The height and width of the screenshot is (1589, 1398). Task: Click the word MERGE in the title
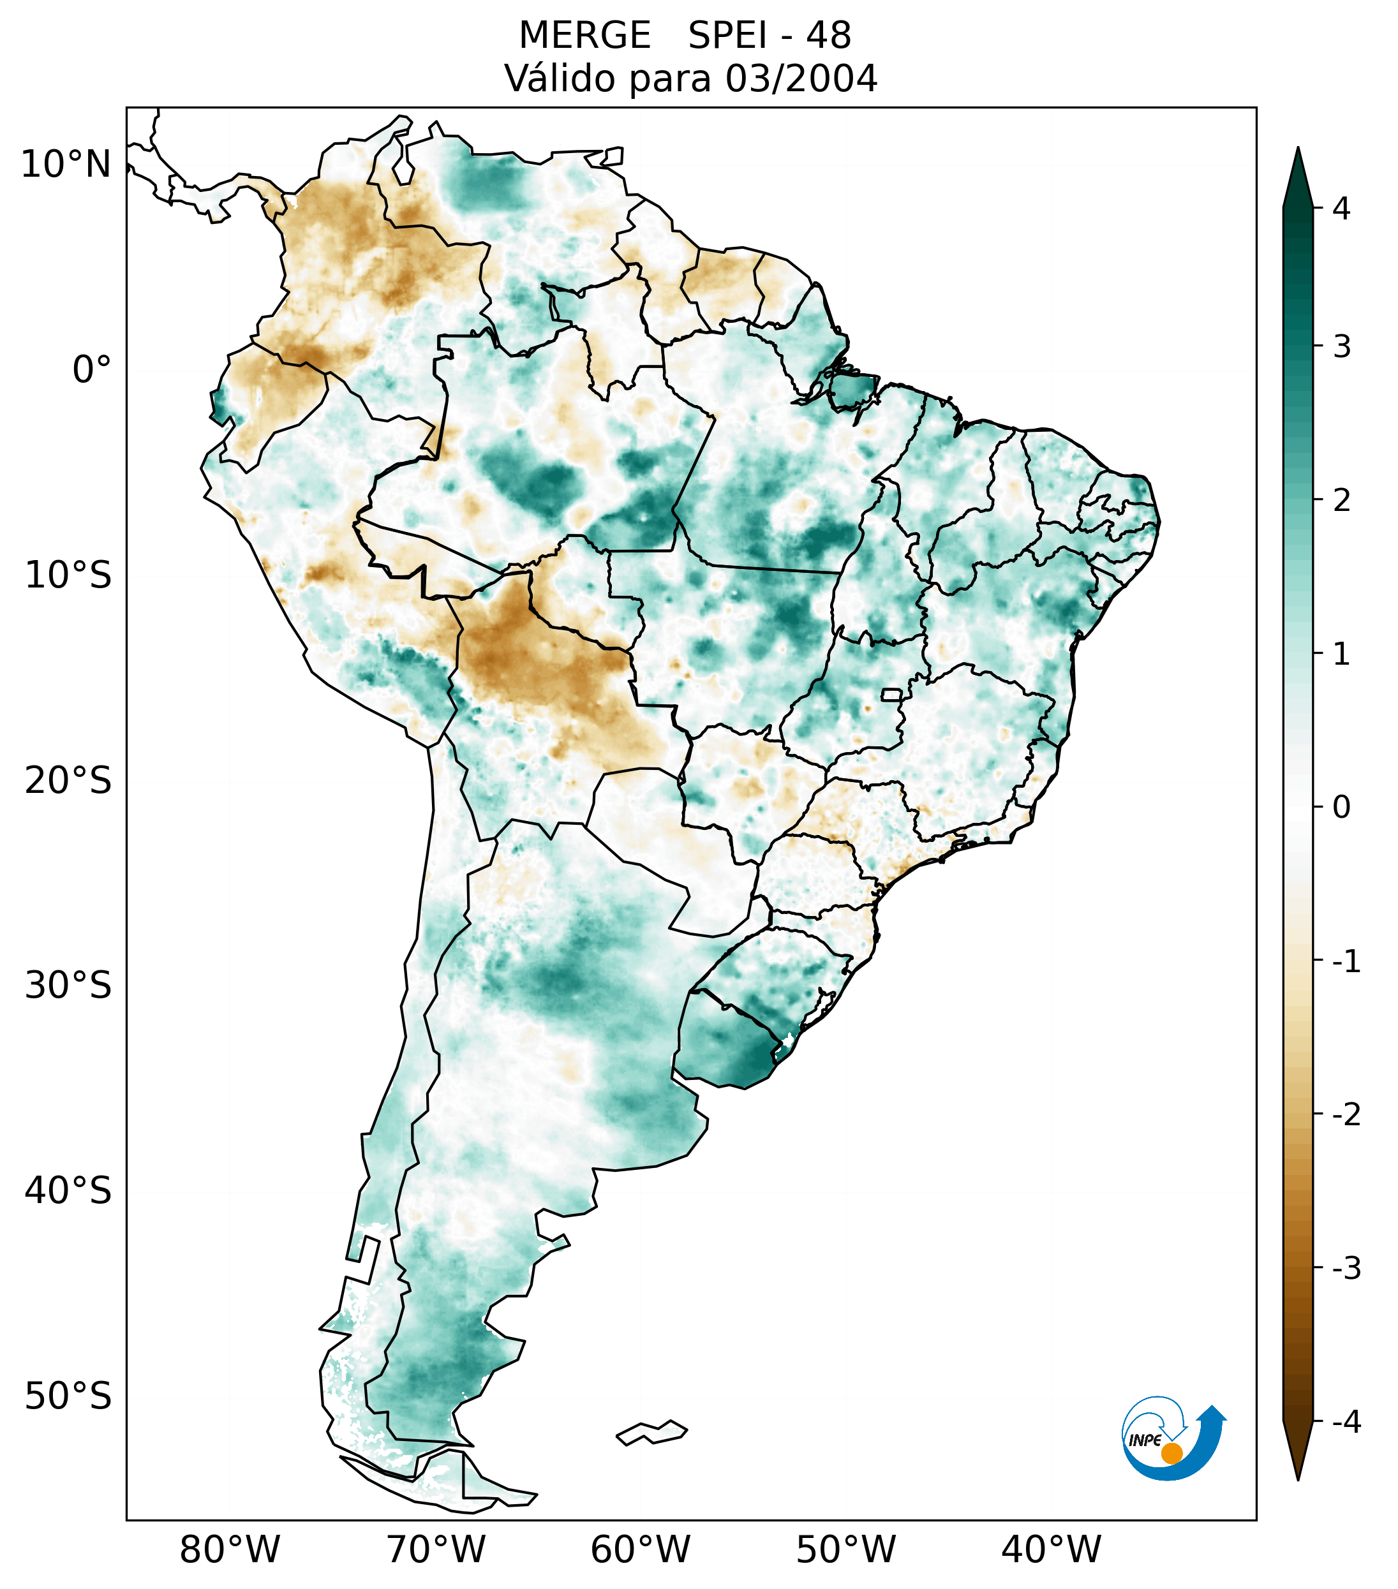point(584,36)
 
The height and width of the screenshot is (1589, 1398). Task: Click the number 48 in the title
point(828,36)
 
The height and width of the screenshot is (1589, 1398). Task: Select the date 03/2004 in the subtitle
point(801,78)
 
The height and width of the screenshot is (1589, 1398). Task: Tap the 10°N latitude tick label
point(65,165)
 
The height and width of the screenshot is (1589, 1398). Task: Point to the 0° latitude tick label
point(92,370)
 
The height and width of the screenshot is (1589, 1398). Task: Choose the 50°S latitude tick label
point(68,1396)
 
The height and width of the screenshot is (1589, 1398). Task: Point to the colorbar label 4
point(1341,209)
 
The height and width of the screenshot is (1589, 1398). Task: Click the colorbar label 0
point(1341,808)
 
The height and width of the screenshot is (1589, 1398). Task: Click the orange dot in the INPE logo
point(1171,1453)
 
